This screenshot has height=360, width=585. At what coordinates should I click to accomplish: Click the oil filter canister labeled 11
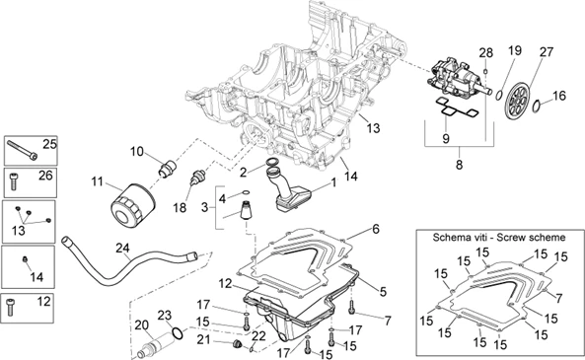[x=133, y=205]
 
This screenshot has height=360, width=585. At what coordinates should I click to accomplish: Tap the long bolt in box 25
[x=23, y=150]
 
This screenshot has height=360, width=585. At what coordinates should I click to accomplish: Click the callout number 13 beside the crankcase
[x=373, y=128]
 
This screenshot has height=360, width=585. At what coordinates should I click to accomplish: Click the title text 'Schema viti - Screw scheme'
[x=499, y=238]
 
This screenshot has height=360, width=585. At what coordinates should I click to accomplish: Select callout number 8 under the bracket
[x=460, y=164]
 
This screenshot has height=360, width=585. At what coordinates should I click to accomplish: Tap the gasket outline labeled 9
[x=457, y=108]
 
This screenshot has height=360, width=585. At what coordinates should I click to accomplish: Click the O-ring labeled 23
[x=178, y=334]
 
